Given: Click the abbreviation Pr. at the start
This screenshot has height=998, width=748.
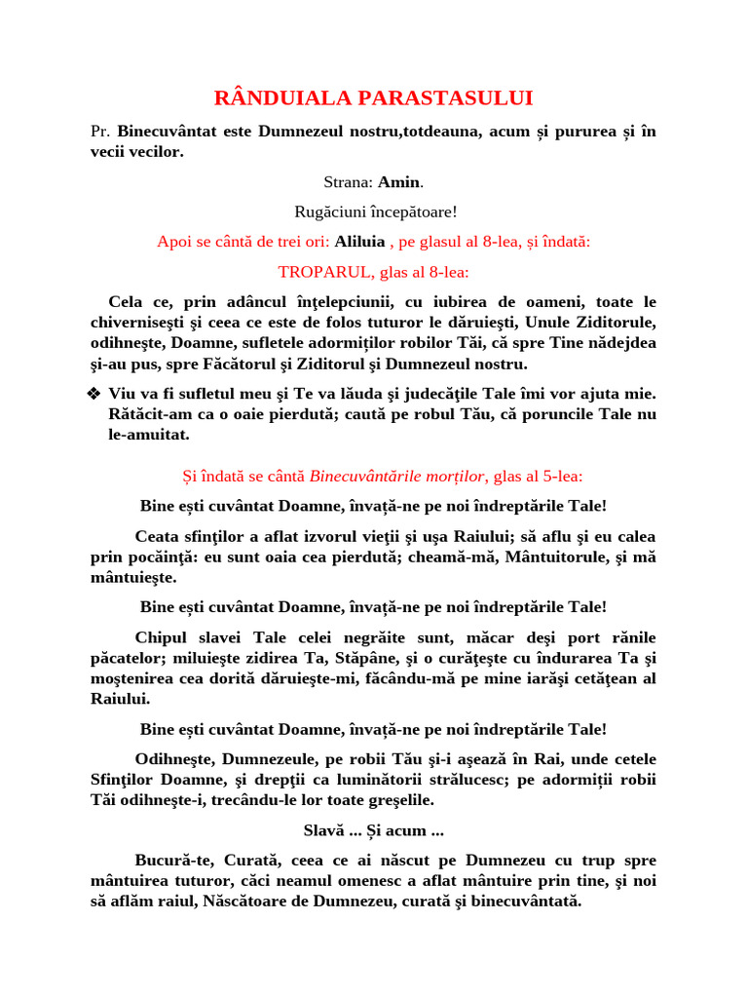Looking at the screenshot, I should pos(100,132).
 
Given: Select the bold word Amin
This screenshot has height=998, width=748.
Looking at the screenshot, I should pos(399,182).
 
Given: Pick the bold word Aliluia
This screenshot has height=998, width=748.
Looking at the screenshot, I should pos(360,241).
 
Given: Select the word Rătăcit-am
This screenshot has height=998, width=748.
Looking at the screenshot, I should pos(147,414).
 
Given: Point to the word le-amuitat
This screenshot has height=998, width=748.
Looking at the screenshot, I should pos(149,435).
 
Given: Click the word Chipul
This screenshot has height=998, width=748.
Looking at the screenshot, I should pos(160,637).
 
